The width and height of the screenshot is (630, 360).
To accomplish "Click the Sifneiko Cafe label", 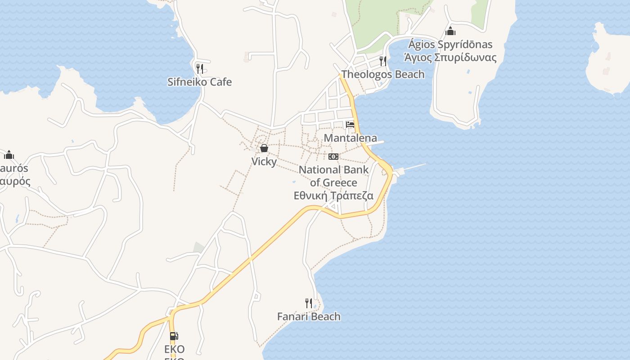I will tap(199, 82).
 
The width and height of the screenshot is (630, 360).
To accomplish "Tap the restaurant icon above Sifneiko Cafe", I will tap(199, 68).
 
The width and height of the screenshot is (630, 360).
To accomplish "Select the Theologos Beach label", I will tap(383, 74).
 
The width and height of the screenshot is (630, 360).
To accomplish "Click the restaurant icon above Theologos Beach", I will tap(383, 61).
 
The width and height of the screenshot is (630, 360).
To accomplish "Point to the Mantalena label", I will tap(351, 138).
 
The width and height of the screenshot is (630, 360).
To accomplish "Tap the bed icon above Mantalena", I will tap(350, 125).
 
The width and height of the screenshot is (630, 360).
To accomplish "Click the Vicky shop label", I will tap(264, 161).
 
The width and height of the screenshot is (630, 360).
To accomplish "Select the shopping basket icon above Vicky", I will tap(264, 148).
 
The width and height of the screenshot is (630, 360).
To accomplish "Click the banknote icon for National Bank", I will tap(333, 157).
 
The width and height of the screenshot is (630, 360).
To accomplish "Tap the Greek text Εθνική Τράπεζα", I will tap(333, 196).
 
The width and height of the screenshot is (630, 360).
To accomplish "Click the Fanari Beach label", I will tap(309, 316).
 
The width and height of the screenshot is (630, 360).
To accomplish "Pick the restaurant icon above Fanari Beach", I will tap(309, 303).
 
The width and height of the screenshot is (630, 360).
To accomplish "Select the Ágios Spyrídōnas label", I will tap(450, 45).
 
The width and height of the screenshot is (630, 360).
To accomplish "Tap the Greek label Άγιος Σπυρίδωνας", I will tap(450, 58).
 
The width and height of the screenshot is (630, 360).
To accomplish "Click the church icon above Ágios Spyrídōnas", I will tap(450, 31).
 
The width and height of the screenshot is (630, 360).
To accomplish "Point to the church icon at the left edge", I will tap(9, 155).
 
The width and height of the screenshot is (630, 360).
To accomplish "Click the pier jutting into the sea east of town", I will tap(412, 167).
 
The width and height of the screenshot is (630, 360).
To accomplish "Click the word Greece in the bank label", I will tap(340, 183).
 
